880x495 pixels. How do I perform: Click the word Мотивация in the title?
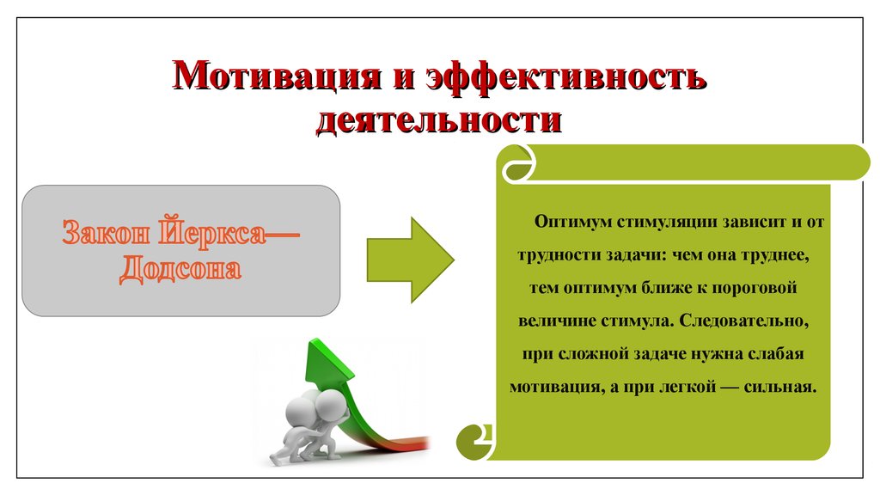277,76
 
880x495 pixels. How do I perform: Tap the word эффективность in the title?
566,76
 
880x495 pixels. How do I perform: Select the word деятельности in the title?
439,119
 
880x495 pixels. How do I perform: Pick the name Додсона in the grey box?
180,268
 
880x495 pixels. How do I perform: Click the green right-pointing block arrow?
410,260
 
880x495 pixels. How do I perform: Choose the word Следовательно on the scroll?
743,321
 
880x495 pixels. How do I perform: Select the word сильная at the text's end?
779,388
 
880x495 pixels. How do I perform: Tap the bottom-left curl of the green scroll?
474,441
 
